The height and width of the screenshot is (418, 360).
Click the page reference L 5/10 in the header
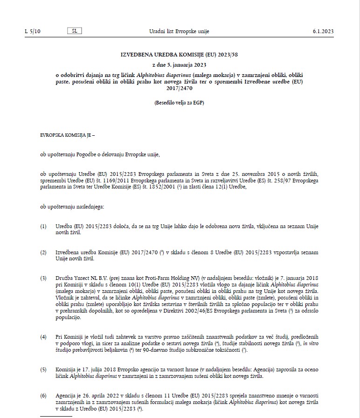[33, 32]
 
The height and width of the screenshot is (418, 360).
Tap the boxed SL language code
[74, 31]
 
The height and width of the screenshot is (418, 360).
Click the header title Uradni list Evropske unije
[180, 32]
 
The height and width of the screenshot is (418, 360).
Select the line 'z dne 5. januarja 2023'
[180, 65]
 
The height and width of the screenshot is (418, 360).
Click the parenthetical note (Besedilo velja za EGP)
[180, 103]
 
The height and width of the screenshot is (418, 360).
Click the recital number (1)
[43, 226]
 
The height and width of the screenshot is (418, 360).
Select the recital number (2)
[43, 252]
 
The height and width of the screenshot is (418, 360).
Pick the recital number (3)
[43, 278]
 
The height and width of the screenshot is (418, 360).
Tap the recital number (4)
[43, 336]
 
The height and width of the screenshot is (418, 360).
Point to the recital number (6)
[43, 396]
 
